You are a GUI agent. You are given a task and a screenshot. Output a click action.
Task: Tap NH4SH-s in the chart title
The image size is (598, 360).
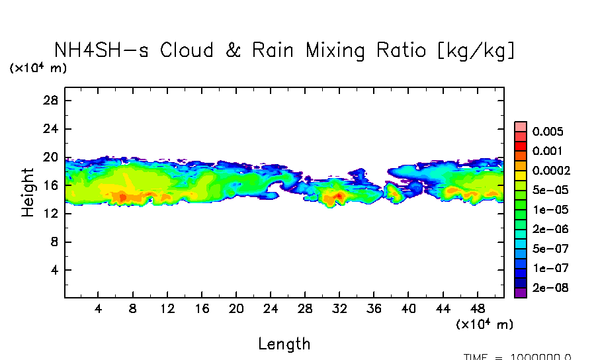click(103, 50)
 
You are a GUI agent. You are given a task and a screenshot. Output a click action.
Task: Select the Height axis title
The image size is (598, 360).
click(28, 193)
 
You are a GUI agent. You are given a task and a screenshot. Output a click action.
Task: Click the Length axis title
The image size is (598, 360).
click(284, 343)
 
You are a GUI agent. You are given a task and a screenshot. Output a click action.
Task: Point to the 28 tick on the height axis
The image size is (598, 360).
click(52, 101)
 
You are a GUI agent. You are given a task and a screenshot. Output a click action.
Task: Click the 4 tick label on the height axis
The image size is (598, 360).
click(56, 271)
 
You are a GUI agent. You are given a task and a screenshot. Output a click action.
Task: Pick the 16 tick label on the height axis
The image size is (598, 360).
click(52, 186)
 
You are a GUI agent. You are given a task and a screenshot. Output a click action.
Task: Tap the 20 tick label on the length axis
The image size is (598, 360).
click(236, 309)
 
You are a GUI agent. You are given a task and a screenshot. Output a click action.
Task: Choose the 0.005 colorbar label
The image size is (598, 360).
click(547, 131)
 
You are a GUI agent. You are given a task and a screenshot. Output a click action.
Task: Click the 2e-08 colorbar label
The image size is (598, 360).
click(548, 289)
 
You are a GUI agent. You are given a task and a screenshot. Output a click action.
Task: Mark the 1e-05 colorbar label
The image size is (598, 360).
click(548, 210)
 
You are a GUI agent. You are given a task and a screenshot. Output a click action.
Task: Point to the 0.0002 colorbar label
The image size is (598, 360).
click(551, 170)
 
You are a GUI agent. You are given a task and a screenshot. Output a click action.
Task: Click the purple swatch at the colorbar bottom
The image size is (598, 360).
click(521, 292)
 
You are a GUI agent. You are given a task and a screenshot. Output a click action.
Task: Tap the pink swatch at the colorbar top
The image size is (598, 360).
click(521, 126)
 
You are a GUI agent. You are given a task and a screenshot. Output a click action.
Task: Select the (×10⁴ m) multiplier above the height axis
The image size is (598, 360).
click(38, 68)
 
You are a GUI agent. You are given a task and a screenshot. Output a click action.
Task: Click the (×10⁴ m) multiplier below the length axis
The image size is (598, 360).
click(484, 324)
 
